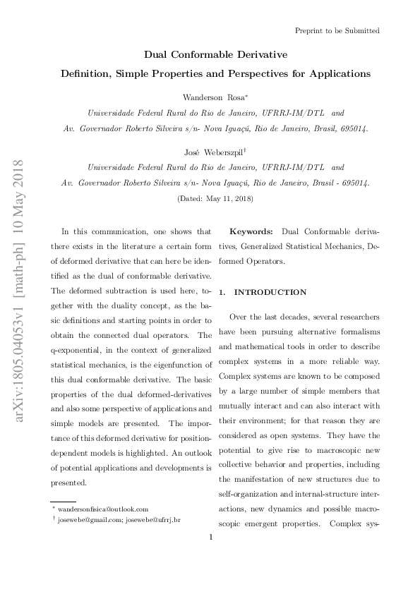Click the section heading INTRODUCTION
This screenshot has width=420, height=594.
pos(271,291)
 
